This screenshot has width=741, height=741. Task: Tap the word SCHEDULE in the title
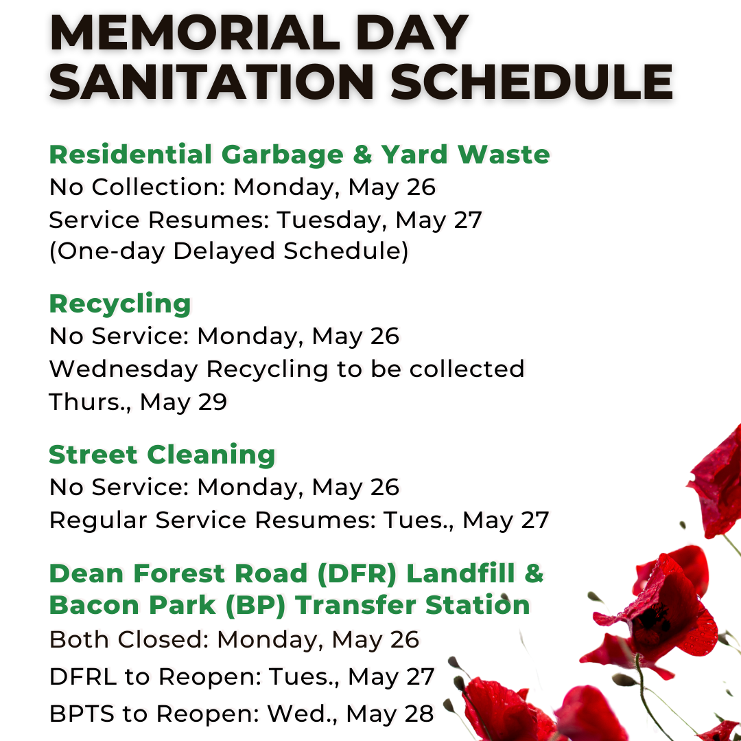point(532,82)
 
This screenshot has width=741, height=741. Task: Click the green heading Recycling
point(120,304)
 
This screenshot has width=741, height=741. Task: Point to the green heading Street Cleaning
point(162,455)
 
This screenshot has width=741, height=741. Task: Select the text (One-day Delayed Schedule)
point(228,251)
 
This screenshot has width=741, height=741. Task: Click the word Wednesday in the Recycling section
point(123,369)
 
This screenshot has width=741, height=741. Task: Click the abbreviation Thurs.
point(91,402)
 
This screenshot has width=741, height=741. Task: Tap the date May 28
point(390,714)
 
